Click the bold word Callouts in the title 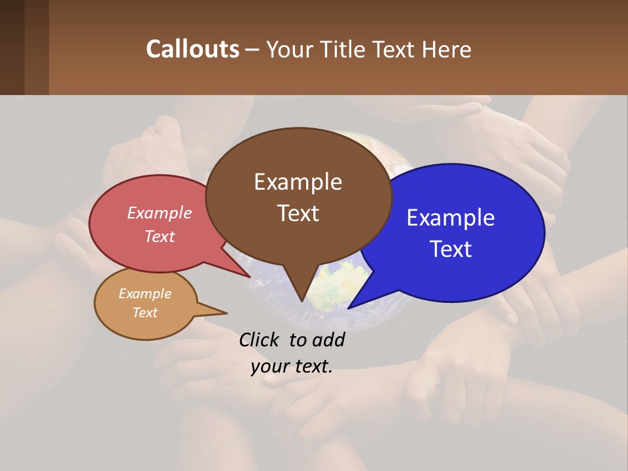[192, 49]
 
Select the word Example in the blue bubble [451, 218]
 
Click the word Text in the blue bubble [451, 249]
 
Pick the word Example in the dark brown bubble [298, 182]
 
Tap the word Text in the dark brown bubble [298, 213]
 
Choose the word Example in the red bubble [159, 213]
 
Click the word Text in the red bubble [159, 236]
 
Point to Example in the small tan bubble [145, 294]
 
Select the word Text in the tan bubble [145, 313]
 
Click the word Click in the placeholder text [261, 340]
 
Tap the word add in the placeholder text [328, 340]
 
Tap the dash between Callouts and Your [252, 49]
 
